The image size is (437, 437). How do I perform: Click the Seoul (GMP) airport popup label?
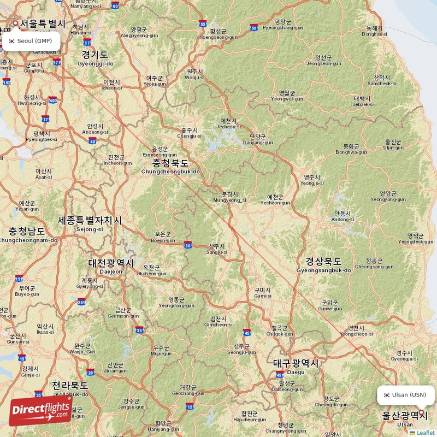tap(31, 41)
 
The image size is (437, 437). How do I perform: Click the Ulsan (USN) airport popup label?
tap(405, 395)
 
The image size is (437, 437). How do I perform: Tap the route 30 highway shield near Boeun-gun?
tap(187, 245)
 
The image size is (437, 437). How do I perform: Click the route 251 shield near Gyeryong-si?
tap(81, 302)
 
